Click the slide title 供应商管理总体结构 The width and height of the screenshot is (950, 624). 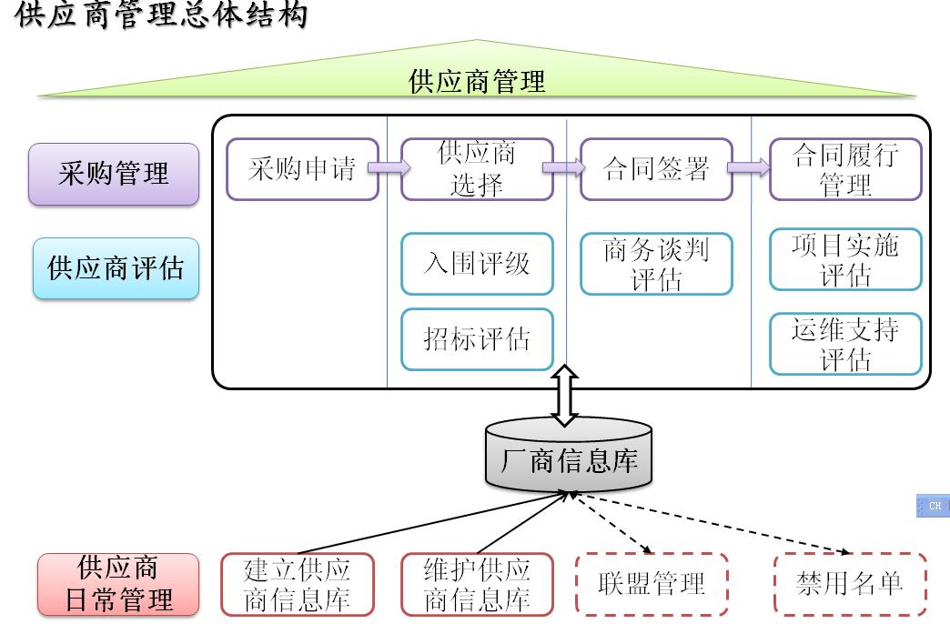[161, 15]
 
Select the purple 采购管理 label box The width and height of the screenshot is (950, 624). [114, 174]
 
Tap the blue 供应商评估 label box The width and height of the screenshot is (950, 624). [115, 268]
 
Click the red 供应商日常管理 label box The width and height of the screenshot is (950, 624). [118, 584]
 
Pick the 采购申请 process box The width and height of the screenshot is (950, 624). [302, 169]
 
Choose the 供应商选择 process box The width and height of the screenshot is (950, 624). [477, 169]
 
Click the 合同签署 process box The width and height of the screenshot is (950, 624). [656, 169]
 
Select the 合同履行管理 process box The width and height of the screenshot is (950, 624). [845, 169]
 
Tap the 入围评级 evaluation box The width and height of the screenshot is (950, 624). [477, 264]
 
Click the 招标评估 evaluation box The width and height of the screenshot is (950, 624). [477, 339]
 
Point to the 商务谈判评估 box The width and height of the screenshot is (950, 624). [656, 264]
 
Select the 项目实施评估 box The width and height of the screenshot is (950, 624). [845, 259]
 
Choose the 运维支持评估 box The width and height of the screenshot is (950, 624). [845, 344]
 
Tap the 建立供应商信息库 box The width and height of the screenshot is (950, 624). [298, 584]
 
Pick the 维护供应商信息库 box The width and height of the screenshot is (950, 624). [477, 584]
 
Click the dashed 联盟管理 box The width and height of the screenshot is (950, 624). [652, 584]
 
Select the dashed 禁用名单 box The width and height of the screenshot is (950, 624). [850, 584]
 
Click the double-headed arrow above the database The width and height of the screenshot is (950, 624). [565, 395]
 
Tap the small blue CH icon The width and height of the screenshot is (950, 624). [934, 506]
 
